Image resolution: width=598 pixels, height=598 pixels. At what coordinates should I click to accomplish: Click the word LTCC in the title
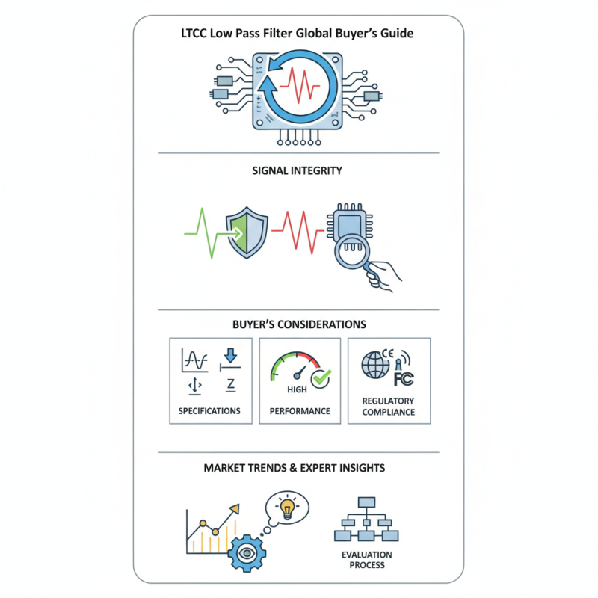(x=194, y=34)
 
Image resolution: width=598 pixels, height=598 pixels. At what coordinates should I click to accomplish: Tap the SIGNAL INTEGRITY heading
(x=297, y=170)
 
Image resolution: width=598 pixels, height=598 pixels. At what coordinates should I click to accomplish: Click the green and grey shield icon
(x=247, y=232)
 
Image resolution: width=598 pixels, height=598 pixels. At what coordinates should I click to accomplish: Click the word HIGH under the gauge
(x=297, y=389)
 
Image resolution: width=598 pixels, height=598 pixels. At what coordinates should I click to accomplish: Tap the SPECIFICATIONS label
(x=209, y=410)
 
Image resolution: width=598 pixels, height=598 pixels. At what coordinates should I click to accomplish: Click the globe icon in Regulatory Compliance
(x=375, y=365)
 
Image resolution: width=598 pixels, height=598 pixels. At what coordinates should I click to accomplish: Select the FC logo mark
(x=404, y=379)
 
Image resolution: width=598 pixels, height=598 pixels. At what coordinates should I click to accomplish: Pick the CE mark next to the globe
(x=387, y=353)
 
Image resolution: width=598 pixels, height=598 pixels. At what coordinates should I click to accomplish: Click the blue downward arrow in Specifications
(x=231, y=355)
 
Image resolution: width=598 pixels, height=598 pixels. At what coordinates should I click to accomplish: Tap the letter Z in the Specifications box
(x=230, y=384)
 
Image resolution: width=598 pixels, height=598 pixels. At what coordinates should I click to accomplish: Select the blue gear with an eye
(x=247, y=553)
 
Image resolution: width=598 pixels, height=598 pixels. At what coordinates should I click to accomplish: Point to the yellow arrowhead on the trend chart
(x=235, y=509)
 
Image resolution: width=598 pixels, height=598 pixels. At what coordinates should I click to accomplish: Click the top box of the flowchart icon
(x=366, y=502)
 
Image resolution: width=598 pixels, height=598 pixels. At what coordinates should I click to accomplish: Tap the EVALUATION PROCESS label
(x=367, y=560)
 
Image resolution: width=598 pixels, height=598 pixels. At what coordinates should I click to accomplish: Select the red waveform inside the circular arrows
(x=300, y=85)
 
